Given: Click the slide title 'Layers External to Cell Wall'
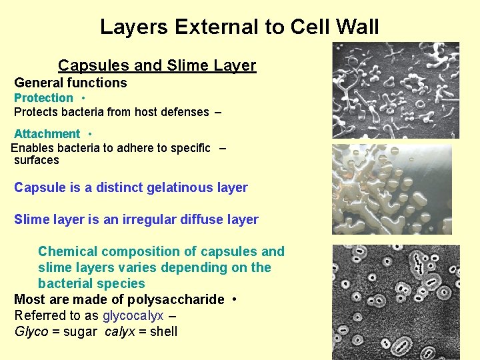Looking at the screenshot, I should point(239,27).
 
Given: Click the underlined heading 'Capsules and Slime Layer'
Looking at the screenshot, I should point(157,65).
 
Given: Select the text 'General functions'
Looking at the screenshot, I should point(70,83).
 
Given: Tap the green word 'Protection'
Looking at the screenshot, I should point(43,98).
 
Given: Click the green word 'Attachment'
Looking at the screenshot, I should point(47,134).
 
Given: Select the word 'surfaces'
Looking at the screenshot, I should point(37,160).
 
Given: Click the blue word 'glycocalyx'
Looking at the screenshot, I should point(133,315).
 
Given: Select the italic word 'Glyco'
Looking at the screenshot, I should point(31,331).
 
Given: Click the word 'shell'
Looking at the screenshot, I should point(163,331).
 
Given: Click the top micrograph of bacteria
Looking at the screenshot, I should point(395,90).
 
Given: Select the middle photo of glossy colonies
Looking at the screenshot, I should point(392,189).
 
